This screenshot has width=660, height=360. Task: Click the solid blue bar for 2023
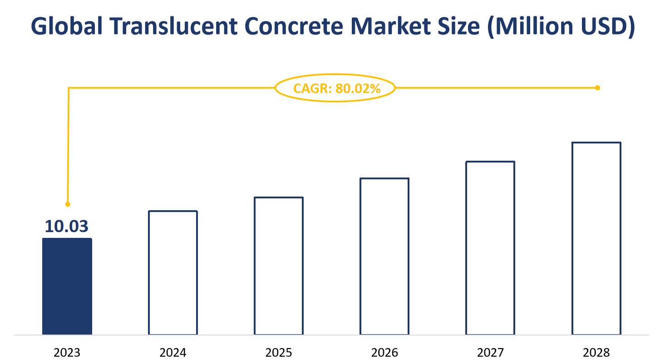click(67, 286)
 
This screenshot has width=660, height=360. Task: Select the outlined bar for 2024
click(173, 273)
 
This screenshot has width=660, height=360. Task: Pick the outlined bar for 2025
click(279, 266)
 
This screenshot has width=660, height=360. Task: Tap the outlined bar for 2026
click(384, 256)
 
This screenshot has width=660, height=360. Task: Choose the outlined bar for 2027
click(490, 248)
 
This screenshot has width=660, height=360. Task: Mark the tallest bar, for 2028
click(596, 239)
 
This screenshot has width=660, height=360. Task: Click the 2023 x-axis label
click(67, 352)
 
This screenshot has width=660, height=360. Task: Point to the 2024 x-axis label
click(173, 352)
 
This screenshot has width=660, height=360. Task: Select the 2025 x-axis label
click(279, 352)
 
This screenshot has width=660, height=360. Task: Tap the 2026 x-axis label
click(384, 352)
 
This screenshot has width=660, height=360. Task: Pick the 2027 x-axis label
click(490, 352)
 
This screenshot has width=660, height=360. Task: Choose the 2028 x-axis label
click(596, 352)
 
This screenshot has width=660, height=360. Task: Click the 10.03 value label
click(67, 226)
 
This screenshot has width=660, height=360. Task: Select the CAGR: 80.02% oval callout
click(335, 88)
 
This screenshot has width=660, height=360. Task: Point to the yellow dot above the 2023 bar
click(68, 204)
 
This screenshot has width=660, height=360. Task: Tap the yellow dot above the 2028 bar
click(597, 88)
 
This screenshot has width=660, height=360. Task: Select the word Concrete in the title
click(298, 27)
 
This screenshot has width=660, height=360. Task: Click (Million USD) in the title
click(560, 27)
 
